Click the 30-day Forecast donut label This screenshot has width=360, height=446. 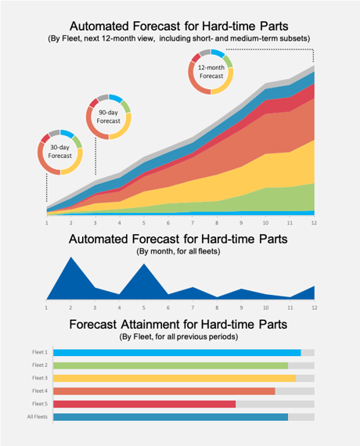tap(59, 151)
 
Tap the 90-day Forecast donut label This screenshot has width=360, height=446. tap(109, 117)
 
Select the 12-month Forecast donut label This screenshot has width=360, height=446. tap(211, 72)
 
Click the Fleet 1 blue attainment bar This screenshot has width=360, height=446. tap(177, 353)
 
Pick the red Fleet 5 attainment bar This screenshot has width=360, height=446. tap(144, 404)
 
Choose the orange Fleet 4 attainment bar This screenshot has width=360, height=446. tap(164, 391)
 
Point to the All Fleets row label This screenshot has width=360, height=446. tap(38, 417)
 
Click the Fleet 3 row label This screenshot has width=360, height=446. tap(40, 378)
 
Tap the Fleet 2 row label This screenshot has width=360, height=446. tap(40, 365)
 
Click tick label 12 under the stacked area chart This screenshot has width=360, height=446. tap(314, 223)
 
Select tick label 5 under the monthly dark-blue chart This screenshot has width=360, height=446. tap(144, 308)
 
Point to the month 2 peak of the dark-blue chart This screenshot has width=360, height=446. tap(71, 257)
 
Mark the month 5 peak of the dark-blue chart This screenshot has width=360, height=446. tap(144, 264)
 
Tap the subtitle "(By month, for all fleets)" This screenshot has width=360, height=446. tap(178, 251)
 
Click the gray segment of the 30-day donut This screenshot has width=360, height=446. tap(54, 132)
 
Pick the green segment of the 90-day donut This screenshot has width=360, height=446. tap(126, 106)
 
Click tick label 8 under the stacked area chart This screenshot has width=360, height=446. tap(217, 223)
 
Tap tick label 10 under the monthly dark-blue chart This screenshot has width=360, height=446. tap(265, 308)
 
